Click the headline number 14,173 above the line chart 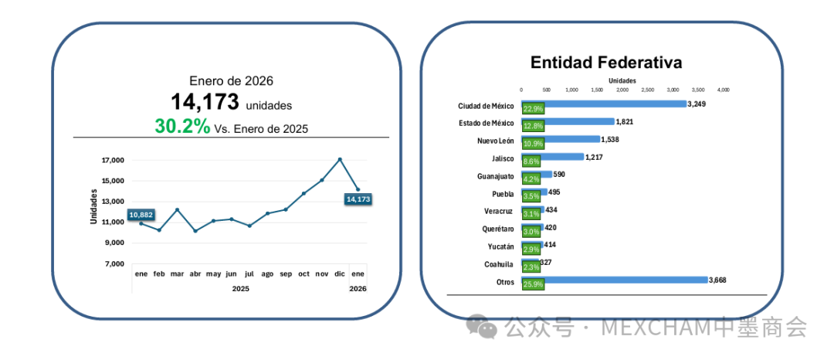tap(205, 102)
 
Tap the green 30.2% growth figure tap(182, 127)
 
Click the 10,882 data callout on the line tap(141, 214)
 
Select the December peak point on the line tap(340, 159)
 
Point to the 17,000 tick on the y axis tap(113, 161)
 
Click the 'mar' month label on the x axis tap(177, 274)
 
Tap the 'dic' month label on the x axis tap(340, 274)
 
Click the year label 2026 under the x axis tap(358, 289)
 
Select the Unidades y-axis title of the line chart tap(93, 206)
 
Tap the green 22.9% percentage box tap(533, 109)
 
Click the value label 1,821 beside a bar tap(625, 121)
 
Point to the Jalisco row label tap(503, 158)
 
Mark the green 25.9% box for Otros tap(533, 284)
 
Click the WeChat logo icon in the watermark tap(488, 329)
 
